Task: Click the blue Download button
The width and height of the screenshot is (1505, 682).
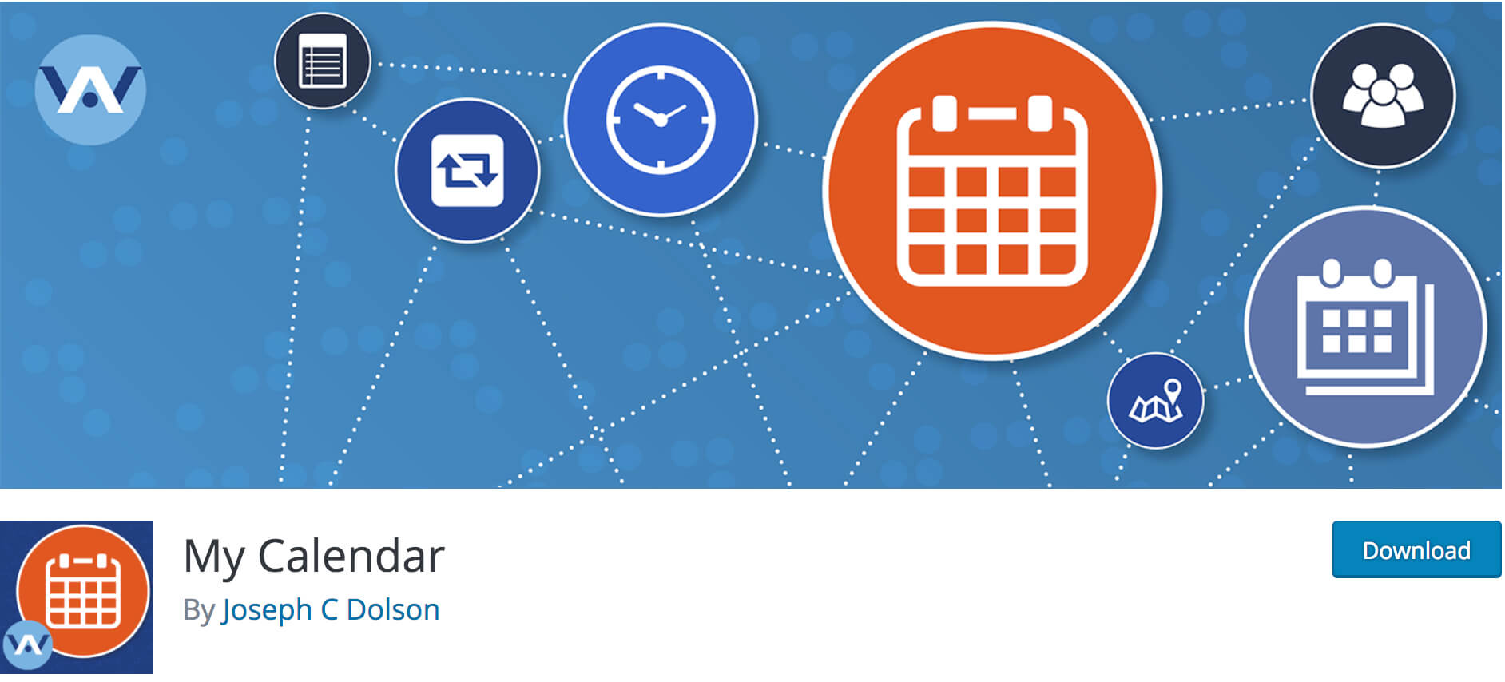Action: [x=1416, y=549]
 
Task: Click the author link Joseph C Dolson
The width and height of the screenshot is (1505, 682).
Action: [x=331, y=610]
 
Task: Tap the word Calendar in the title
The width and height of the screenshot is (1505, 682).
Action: [x=351, y=556]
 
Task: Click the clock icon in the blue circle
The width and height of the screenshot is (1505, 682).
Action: [x=661, y=120]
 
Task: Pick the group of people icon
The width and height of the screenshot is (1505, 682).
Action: [x=1383, y=95]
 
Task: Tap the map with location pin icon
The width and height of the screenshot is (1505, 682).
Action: [x=1156, y=401]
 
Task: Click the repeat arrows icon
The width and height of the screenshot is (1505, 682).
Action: [x=467, y=170]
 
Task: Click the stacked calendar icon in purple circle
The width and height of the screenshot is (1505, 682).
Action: [x=1365, y=327]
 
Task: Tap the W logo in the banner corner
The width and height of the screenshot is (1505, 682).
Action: [x=90, y=89]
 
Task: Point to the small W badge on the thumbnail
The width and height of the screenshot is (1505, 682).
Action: [x=27, y=644]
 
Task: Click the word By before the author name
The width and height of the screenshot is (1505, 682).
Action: [x=199, y=611]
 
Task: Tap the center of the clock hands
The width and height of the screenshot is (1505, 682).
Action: [x=661, y=120]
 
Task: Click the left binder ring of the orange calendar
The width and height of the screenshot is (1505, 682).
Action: [x=944, y=113]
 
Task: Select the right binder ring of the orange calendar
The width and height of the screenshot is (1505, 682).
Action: [x=1040, y=113]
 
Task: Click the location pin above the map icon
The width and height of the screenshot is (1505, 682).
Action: [x=1172, y=391]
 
